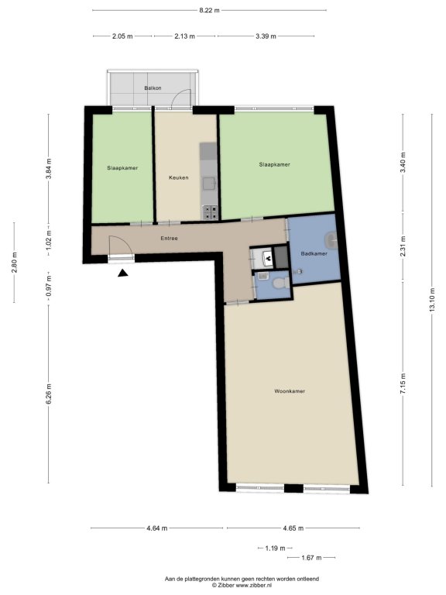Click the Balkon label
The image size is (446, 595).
153,88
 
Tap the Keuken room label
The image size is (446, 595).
179,177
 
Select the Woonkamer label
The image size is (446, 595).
290,391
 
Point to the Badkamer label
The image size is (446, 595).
314,253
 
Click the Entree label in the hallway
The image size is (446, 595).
169,239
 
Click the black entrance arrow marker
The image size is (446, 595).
122,273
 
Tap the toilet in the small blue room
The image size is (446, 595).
281,282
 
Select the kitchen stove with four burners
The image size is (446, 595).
211,212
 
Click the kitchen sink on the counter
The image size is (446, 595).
209,184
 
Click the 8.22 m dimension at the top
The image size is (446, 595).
209,10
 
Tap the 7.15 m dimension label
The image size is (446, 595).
403,383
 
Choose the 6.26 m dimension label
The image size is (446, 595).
49,394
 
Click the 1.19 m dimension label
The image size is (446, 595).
275,548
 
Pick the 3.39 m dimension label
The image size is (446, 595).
266,36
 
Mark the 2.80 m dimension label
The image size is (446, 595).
14,263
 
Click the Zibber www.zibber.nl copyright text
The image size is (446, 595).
242,585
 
